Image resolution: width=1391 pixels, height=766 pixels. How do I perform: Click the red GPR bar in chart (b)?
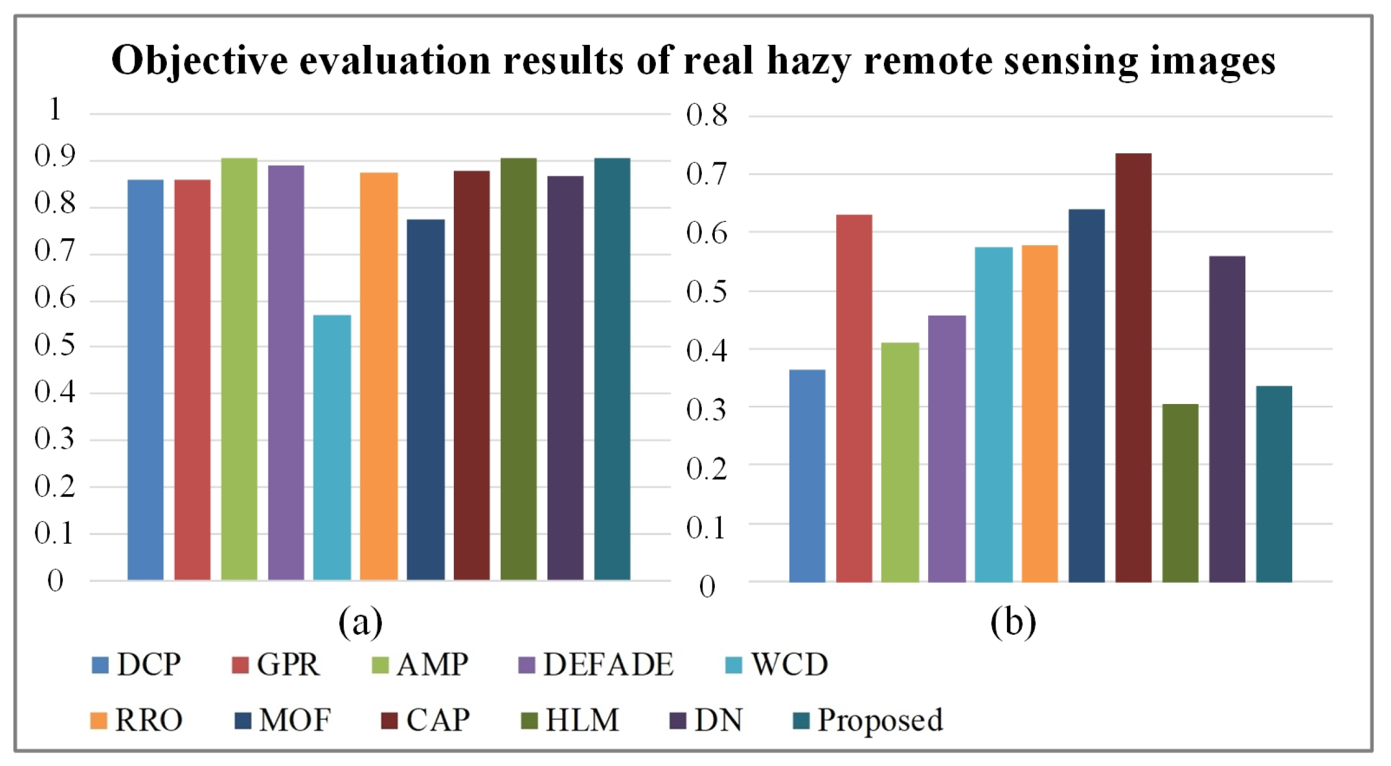click(854, 398)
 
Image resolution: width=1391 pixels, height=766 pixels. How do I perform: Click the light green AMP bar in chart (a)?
click(239, 369)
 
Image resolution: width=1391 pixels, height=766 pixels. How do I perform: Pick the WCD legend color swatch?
click(734, 665)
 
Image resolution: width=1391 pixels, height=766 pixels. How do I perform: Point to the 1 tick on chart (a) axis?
click(55, 110)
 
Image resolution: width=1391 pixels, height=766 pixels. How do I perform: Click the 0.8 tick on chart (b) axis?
click(706, 115)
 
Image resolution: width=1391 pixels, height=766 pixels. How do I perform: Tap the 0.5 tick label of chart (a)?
click(54, 345)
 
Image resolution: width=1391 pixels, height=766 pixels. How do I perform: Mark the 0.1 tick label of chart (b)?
click(706, 528)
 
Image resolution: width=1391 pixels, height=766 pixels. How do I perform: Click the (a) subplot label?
click(360, 622)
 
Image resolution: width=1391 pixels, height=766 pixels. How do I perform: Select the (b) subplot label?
click(1013, 622)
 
